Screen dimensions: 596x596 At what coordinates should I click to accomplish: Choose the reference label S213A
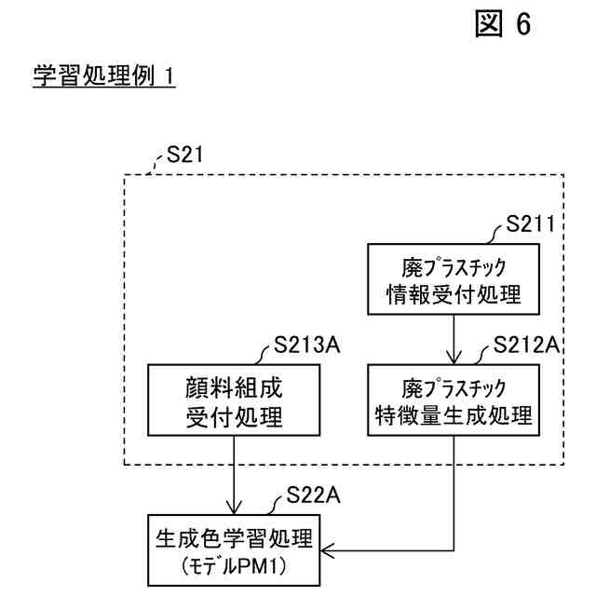click(x=308, y=346)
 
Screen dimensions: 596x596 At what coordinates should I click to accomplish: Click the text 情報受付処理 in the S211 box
click(x=454, y=295)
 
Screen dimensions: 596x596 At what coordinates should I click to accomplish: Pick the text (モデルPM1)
click(x=234, y=565)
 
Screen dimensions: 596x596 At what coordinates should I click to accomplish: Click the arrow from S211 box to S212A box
click(x=454, y=341)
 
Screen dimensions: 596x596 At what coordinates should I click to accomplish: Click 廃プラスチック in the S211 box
click(x=454, y=268)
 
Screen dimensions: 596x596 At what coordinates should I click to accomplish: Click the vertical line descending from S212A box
click(x=454, y=494)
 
